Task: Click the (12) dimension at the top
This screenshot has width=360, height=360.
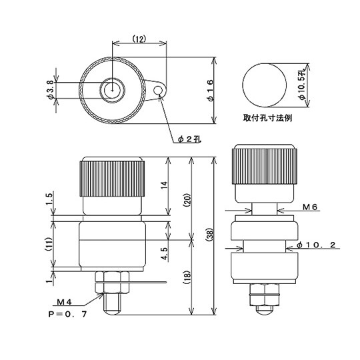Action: point(139,38)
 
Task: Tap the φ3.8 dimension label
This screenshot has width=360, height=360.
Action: point(51,89)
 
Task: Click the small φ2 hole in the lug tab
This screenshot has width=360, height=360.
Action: point(158,89)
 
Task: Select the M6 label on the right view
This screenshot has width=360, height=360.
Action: point(309,207)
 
